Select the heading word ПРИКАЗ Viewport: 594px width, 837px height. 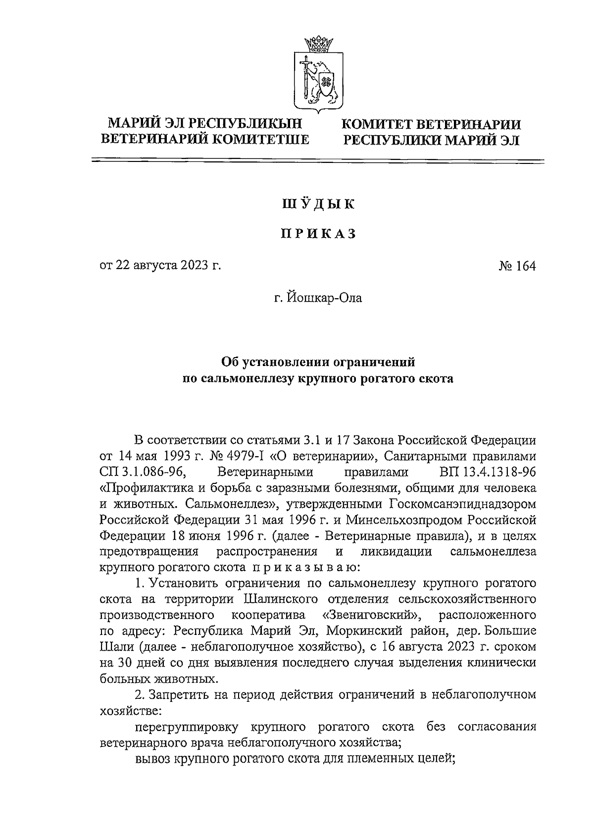(x=318, y=234)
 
